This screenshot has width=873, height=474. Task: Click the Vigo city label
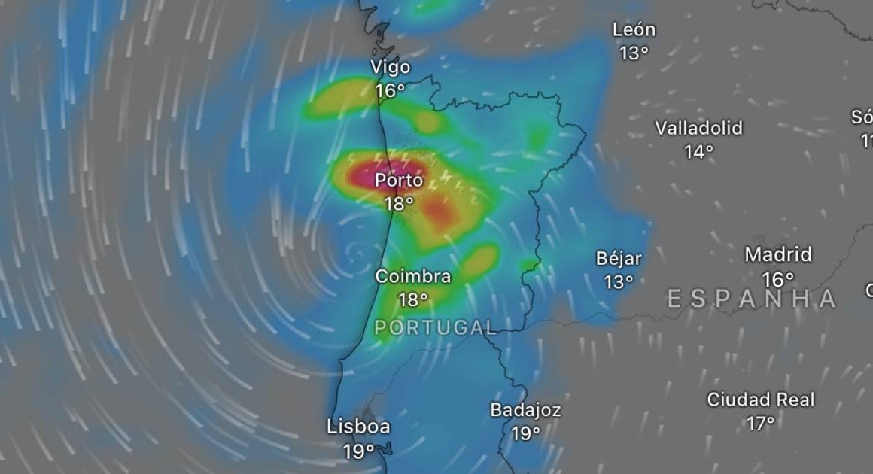coord(391,68)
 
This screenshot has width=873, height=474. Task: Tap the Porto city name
coord(399,181)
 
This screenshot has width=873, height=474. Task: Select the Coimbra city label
coord(413,277)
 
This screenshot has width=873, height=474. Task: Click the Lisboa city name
coord(358,427)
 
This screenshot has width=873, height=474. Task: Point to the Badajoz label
coord(525,411)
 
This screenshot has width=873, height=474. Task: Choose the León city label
coord(634,31)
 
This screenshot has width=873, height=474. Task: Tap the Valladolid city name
coord(698,129)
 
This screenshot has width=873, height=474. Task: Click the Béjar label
coord(619,259)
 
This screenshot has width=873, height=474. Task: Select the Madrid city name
coord(778,255)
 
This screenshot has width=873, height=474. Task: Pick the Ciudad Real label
coord(761,400)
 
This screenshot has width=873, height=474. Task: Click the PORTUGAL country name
coord(435,327)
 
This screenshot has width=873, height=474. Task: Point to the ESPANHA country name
coord(752,299)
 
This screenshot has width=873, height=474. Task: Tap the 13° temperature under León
coord(634,53)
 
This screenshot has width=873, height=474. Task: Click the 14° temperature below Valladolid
coord(698,152)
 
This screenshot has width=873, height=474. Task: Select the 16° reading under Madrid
coord(778,279)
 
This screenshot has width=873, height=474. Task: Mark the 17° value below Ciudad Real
coord(761,424)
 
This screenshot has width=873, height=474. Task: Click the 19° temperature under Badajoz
coord(525,434)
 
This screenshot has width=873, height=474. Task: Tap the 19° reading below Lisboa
coord(358,451)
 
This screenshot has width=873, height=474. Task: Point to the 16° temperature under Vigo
coord(391,90)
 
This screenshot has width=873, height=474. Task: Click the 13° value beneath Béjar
coord(619,282)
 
